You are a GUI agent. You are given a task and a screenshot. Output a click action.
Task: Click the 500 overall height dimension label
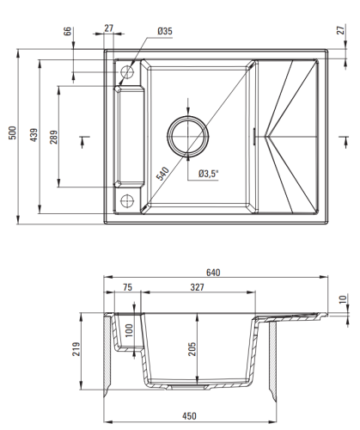[13, 132]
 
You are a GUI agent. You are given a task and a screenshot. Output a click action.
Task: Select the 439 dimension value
[34, 135]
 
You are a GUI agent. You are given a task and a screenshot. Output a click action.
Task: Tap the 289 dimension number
[53, 137]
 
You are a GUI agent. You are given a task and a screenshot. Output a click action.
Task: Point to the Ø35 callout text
[165, 31]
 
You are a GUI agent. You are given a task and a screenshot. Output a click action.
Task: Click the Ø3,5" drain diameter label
[209, 174]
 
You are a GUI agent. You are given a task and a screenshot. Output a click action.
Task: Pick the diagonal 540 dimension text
[162, 174]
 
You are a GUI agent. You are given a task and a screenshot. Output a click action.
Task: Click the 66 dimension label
[67, 31]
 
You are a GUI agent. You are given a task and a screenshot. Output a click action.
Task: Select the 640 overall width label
[213, 273]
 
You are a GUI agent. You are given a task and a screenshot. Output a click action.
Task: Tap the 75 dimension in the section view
[127, 287]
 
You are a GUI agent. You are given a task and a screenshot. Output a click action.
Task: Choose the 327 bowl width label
[198, 287]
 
